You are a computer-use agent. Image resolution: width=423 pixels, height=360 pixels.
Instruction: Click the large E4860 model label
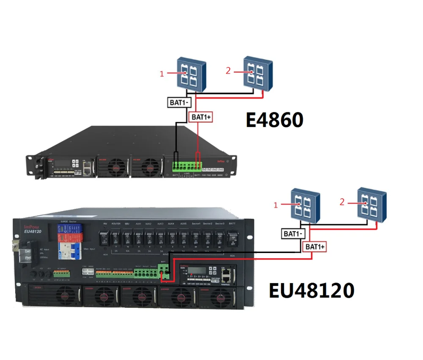[275, 120]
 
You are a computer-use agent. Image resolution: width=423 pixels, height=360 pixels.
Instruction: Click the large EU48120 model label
[312, 291]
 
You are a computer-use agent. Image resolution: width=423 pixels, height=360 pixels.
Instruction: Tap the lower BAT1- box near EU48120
[293, 233]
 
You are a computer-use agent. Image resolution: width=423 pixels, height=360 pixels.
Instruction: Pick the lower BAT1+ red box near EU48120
[316, 246]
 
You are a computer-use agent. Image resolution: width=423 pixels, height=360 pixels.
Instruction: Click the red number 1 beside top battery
[162, 74]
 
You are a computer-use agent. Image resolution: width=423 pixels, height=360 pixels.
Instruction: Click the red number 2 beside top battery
[228, 71]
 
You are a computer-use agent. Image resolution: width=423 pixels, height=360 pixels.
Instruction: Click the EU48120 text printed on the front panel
[33, 231]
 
